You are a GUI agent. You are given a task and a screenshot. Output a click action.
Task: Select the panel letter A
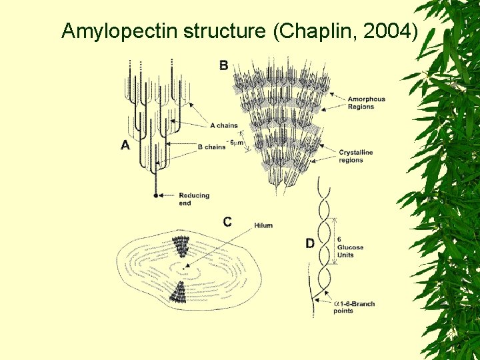coord(125,146)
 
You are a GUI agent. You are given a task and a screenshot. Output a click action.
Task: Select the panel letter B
coord(223,65)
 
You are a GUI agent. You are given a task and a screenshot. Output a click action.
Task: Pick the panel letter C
coord(227,222)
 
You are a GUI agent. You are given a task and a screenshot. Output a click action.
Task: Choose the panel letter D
coord(310,244)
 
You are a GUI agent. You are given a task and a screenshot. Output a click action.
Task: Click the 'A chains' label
coord(223,125)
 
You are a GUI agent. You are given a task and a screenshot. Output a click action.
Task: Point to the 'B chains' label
coord(212,147)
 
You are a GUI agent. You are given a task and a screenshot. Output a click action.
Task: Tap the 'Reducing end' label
coord(194,199)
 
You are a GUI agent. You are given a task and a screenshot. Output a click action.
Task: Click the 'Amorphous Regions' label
coord(366,103)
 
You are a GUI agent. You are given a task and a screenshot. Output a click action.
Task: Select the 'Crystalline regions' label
coord(355,156)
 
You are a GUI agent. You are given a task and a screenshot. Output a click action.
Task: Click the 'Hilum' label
coord(263,225)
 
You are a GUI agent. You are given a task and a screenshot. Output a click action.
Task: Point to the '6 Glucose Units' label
coord(351,247)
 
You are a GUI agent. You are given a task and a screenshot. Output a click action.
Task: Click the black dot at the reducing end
coord(156,196)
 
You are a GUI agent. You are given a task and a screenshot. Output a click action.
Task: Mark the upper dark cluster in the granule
coord(181,247)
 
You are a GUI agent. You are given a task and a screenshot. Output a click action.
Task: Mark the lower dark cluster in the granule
coord(178,291)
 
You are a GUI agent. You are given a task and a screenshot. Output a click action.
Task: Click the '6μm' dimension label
coord(235,141)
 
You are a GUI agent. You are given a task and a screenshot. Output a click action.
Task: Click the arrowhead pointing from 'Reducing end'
coord(163,196)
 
